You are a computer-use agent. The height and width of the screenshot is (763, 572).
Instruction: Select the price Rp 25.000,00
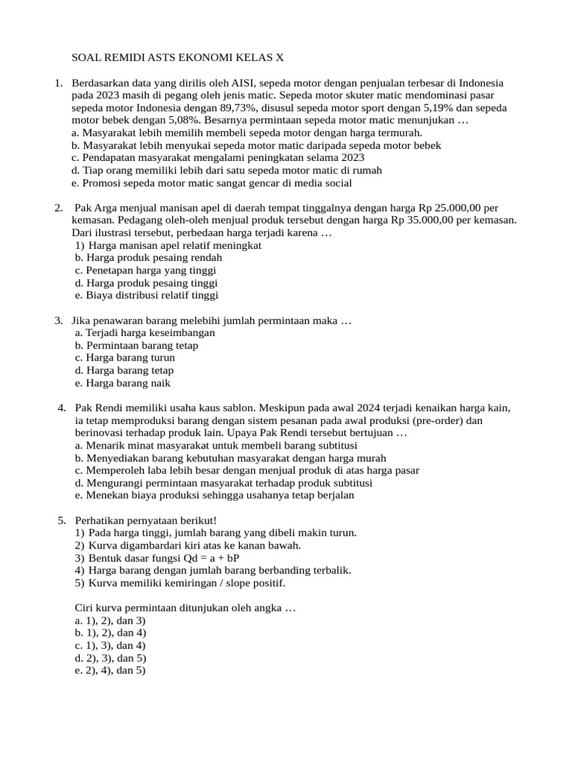tap(452, 208)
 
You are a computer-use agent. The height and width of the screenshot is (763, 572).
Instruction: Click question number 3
tap(58, 320)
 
